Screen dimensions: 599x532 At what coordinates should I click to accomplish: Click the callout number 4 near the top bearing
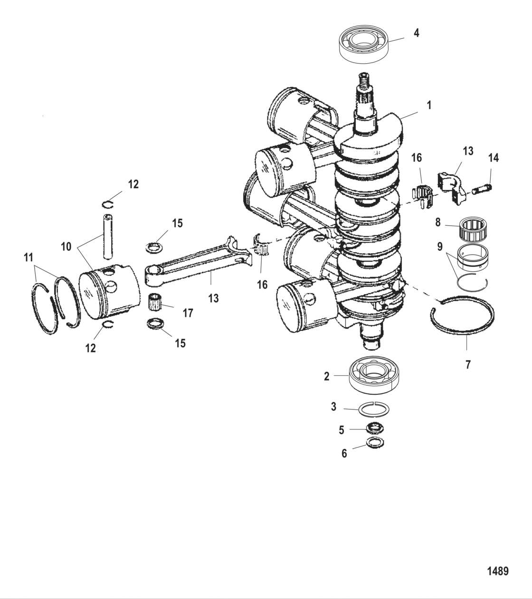tap(416, 33)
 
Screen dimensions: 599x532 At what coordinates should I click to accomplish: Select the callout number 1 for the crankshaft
tap(429, 105)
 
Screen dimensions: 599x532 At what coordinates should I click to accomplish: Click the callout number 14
tap(494, 158)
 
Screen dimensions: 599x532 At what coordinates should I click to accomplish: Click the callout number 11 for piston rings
tap(29, 257)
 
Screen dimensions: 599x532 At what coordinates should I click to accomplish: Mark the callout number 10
tap(66, 246)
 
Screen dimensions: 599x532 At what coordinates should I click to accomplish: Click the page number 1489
tap(497, 571)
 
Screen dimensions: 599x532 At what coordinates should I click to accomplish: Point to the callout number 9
tap(440, 247)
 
